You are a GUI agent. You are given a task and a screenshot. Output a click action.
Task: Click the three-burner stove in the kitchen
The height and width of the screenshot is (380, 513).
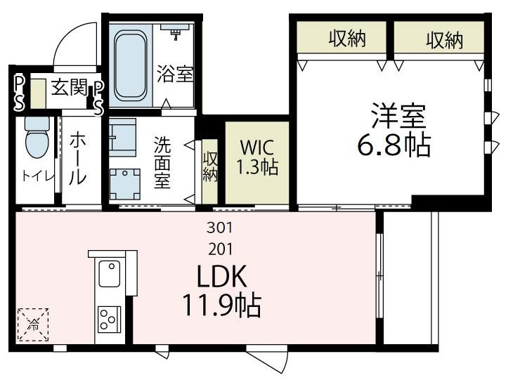click(x=109, y=320)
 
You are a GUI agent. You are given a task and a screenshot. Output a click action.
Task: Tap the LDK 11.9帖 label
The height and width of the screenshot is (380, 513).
click(x=221, y=291)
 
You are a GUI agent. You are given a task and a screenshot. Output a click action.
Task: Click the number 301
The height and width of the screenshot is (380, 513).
click(x=219, y=228)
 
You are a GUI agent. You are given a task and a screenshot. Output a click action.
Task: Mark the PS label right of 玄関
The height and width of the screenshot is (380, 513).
click(x=98, y=97)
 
